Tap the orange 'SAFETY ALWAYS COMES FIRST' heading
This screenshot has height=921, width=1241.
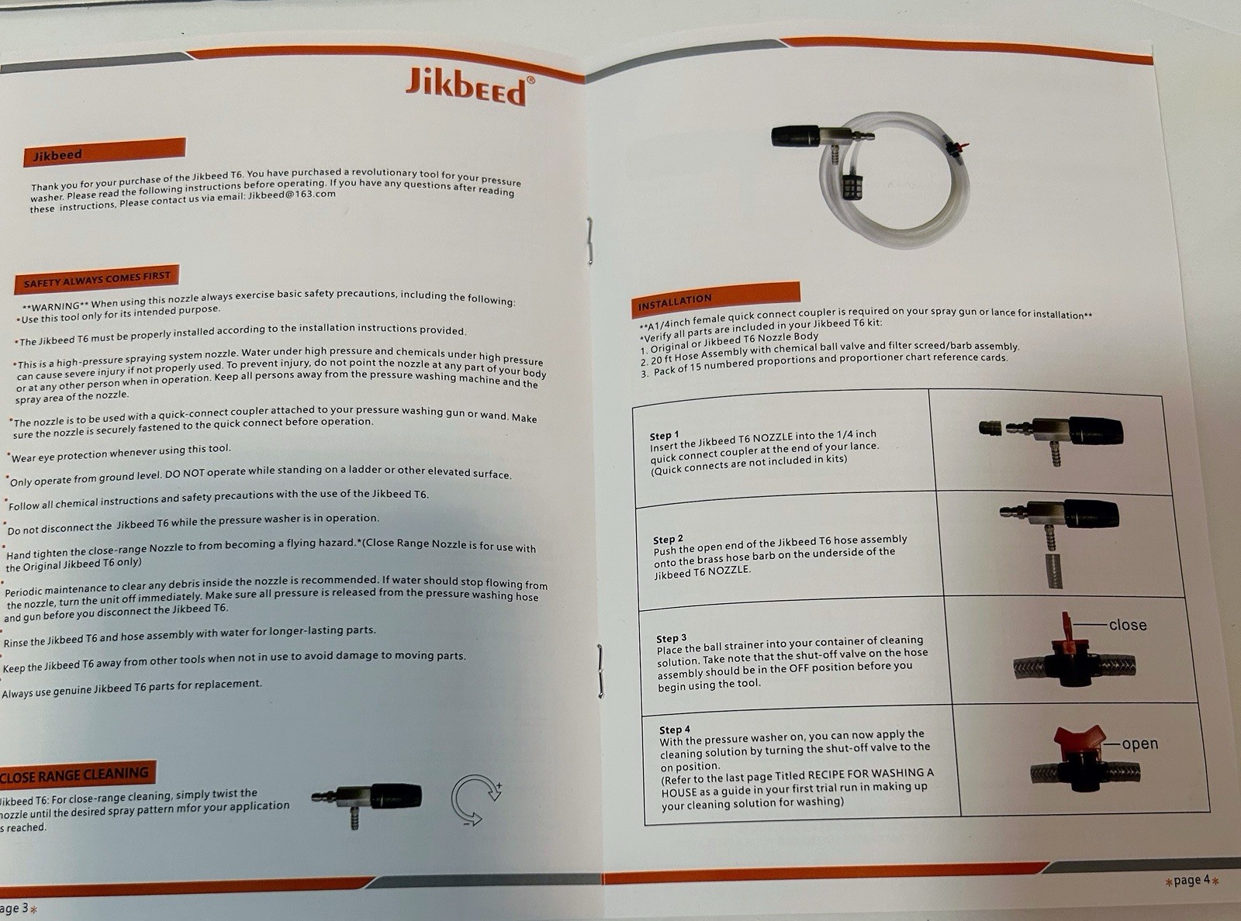tap(97, 279)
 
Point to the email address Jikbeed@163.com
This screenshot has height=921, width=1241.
tap(292, 195)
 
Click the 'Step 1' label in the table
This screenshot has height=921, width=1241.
tap(664, 435)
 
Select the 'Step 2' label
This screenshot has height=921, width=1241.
tap(668, 539)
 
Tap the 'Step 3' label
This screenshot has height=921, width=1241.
tap(672, 638)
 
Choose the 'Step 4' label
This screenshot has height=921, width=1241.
tap(675, 730)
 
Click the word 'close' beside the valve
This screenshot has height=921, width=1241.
tap(1128, 625)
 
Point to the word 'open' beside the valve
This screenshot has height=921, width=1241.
tap(1139, 743)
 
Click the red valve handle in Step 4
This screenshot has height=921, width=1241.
tap(1080, 740)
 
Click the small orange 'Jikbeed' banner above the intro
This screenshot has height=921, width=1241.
tap(103, 152)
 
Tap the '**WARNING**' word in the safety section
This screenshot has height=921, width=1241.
tap(55, 306)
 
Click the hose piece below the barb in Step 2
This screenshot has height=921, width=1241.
tap(1053, 571)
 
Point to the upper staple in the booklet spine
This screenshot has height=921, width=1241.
tap(589, 241)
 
